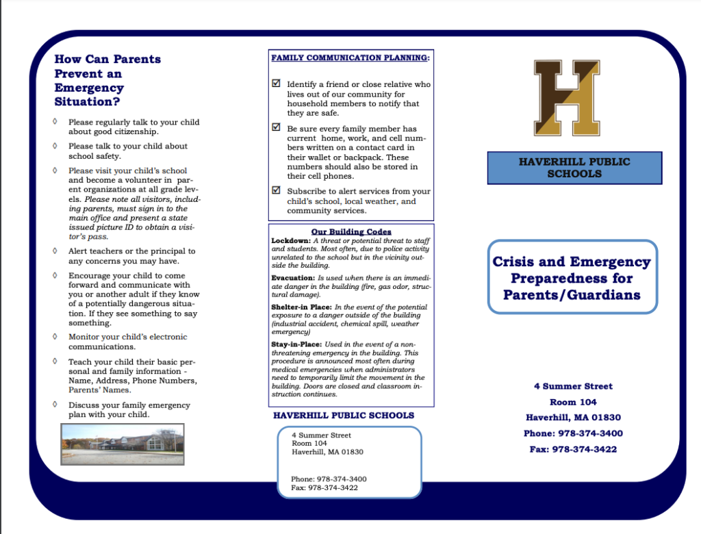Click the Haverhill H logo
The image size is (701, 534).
(x=567, y=97)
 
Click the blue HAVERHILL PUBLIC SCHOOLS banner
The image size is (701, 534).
(x=574, y=168)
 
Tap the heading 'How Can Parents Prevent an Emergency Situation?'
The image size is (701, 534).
(x=107, y=80)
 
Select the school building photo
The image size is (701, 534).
(x=123, y=443)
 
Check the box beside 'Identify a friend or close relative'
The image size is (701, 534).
(x=276, y=84)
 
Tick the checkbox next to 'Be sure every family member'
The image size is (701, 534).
(x=276, y=127)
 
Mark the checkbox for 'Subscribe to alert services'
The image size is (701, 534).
(x=276, y=190)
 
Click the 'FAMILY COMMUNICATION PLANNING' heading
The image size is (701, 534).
(x=350, y=58)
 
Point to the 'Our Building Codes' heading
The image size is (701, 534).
(x=351, y=232)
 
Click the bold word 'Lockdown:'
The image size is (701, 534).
(x=292, y=241)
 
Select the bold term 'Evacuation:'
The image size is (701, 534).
(x=293, y=278)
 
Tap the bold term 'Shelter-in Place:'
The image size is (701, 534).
(x=302, y=307)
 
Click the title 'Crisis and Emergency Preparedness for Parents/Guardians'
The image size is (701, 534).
(x=572, y=278)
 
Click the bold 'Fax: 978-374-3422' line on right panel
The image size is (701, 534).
(x=573, y=450)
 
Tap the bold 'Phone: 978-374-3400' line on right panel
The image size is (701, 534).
(x=573, y=433)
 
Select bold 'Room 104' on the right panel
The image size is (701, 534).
(x=573, y=402)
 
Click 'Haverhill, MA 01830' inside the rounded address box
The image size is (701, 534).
(x=327, y=452)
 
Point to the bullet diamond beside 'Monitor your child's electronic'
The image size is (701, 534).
(x=55, y=337)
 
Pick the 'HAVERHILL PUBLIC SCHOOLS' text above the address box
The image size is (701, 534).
(x=343, y=416)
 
